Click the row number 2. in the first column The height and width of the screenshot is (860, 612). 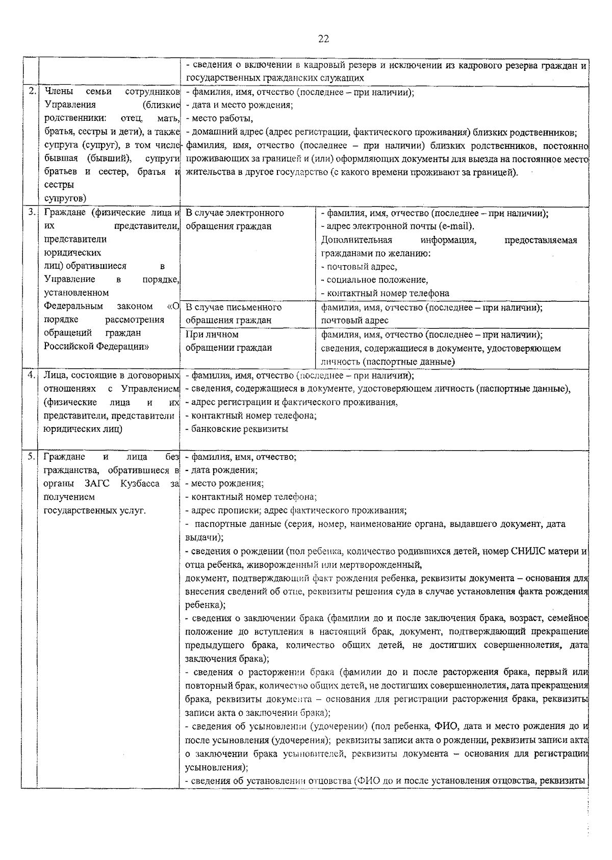pos(32,92)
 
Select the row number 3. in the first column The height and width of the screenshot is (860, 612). pos(32,213)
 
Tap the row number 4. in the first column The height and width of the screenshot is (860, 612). pos(32,375)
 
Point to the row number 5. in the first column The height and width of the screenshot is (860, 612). pos(32,456)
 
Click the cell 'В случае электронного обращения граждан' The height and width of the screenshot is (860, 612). pos(235,220)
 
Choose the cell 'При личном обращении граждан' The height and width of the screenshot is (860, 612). pos(228,341)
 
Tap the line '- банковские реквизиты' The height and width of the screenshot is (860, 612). pos(237,429)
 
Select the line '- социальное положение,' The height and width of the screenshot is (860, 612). pos(374,280)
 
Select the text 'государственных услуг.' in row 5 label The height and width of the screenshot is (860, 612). pos(95,510)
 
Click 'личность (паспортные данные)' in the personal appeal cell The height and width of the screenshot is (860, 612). pos(388,362)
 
